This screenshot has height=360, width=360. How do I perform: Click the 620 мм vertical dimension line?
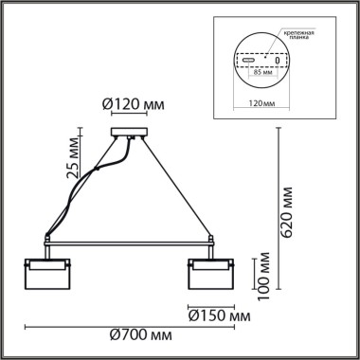coord(276,218)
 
